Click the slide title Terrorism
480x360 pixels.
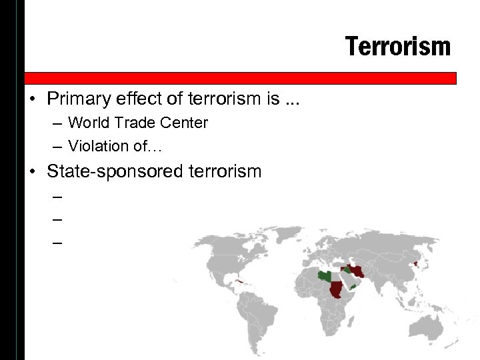[x=398, y=47]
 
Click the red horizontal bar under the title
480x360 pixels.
[x=240, y=78]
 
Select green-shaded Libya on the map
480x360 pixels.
[x=325, y=275]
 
